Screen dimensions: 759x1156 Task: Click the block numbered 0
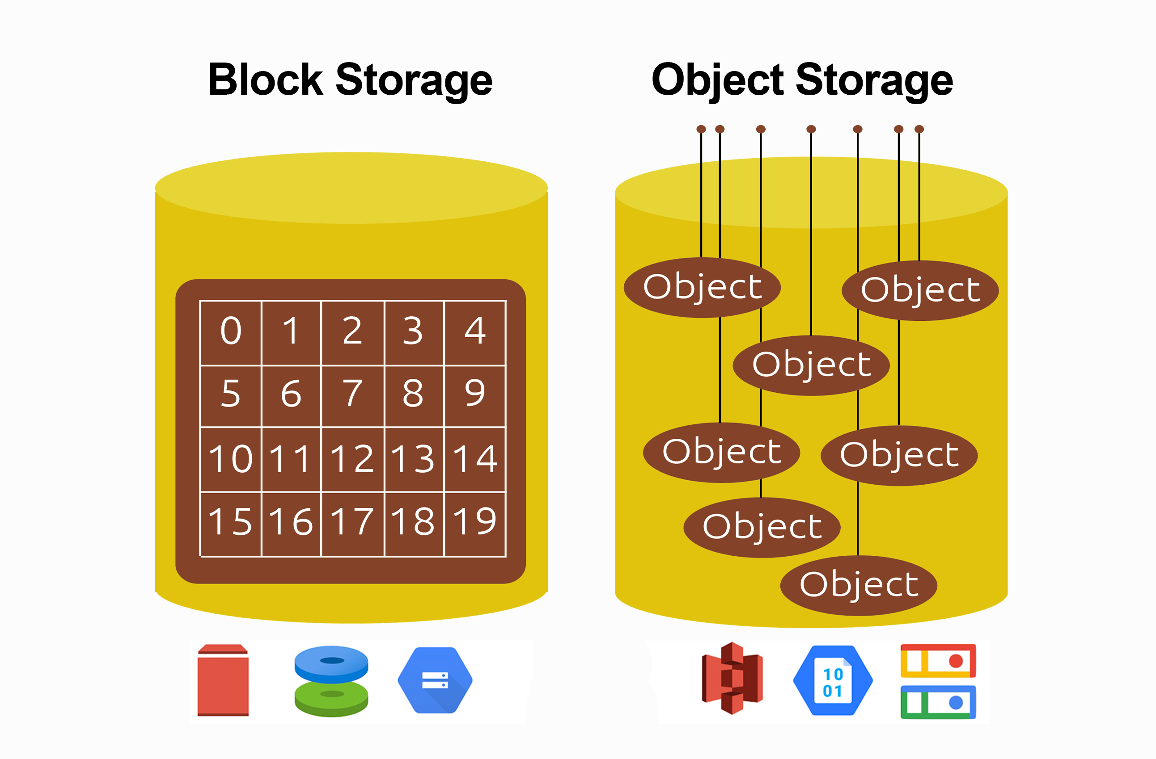pyautogui.click(x=231, y=331)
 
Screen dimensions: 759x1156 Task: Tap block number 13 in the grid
pyautogui.click(x=413, y=459)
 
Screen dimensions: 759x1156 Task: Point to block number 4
pyautogui.click(x=474, y=331)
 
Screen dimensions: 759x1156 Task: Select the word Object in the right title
pyautogui.click(x=718, y=80)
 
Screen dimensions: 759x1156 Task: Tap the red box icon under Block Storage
pyautogui.click(x=223, y=680)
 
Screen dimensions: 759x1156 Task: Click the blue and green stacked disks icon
pyautogui.click(x=331, y=681)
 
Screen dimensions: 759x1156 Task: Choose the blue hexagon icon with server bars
pyautogui.click(x=435, y=680)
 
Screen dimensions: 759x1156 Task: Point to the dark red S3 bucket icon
pyautogui.click(x=732, y=679)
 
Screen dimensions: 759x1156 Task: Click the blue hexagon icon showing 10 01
pyautogui.click(x=833, y=680)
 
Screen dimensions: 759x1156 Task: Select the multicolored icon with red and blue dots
pyautogui.click(x=938, y=681)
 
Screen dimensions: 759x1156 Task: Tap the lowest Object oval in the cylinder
pyautogui.click(x=858, y=585)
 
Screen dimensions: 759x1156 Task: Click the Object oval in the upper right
pyautogui.click(x=920, y=291)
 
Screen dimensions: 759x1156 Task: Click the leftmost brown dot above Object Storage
pyautogui.click(x=701, y=129)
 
